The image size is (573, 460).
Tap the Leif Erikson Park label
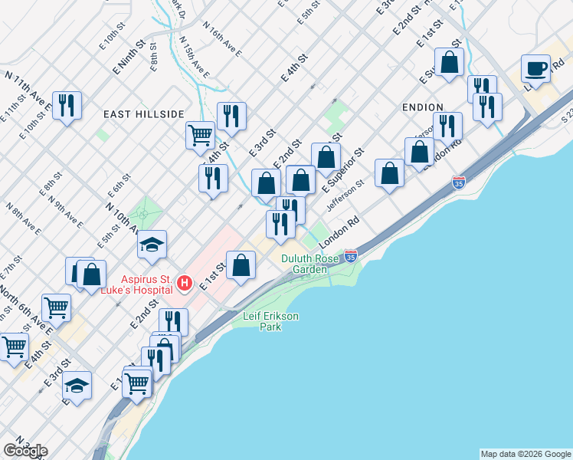point(270,321)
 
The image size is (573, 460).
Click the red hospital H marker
point(184,284)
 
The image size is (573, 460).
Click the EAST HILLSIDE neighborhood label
point(144,113)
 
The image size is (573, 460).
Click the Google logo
point(25,451)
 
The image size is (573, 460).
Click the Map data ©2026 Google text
point(525,454)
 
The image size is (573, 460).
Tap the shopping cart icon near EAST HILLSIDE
point(200,135)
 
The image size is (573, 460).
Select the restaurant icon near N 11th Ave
point(67,105)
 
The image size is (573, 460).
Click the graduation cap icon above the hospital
point(152,245)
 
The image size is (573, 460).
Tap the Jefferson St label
point(344,195)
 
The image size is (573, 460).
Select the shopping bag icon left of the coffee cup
point(449,61)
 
